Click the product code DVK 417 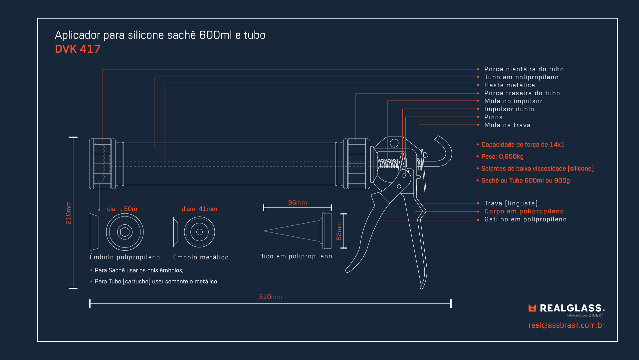78,49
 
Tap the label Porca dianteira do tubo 524,69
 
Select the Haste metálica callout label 510,85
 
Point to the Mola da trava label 507,125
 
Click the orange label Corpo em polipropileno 524,211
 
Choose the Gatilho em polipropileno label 525,219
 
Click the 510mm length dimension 270,297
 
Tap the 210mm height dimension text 69,213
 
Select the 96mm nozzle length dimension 297,203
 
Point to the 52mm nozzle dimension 339,231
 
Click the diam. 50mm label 125,209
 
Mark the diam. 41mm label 199,209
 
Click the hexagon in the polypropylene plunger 125,232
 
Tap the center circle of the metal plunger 199,232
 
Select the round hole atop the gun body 394,143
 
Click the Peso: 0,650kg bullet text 502,157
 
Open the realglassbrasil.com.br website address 566,325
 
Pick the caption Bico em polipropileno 296,256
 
